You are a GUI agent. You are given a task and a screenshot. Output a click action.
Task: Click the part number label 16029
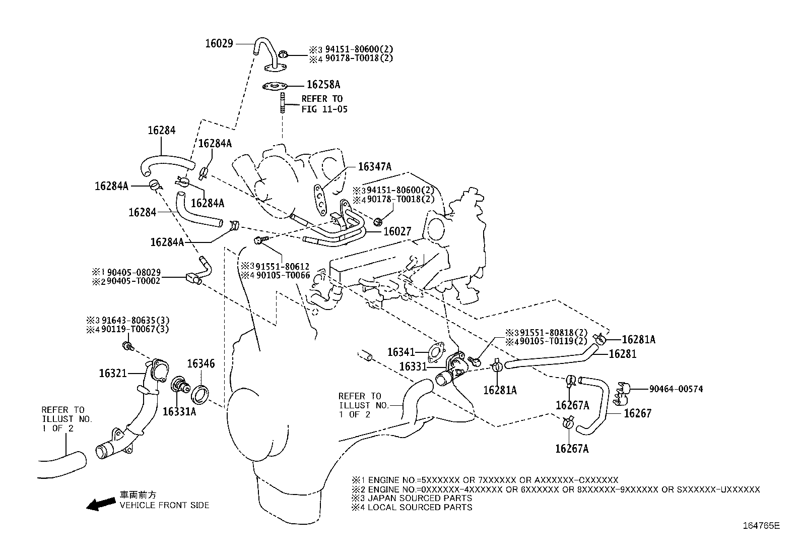point(219,43)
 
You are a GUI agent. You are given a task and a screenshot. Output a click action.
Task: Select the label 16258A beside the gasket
point(323,85)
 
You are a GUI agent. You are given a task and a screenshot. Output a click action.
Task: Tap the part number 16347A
point(374,166)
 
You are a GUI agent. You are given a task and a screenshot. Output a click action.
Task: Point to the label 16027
point(397,231)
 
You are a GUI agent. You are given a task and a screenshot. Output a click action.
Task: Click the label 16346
point(201,363)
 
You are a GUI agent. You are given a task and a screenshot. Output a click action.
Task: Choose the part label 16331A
point(179,411)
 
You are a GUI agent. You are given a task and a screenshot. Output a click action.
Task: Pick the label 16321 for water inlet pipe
point(113,373)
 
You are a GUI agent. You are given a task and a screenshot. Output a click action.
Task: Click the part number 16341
point(401,352)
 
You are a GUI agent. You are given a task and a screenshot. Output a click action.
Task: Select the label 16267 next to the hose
point(637,413)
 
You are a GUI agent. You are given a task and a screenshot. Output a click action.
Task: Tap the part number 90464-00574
point(676,389)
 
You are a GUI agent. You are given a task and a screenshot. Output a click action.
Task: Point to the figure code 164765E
point(761,526)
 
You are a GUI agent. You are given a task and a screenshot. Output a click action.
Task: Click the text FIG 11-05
point(324,109)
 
